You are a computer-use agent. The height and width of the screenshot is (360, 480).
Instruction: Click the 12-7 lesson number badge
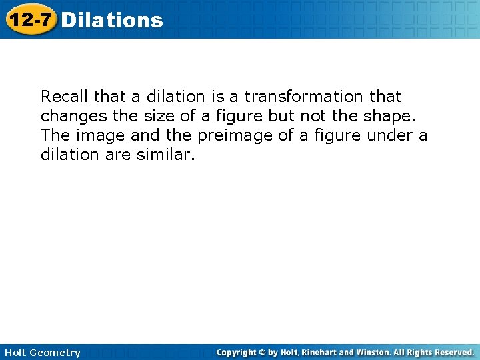[30, 19]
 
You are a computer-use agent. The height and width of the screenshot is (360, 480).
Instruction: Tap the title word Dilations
[111, 20]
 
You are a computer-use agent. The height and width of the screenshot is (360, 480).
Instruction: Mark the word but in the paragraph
[283, 116]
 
